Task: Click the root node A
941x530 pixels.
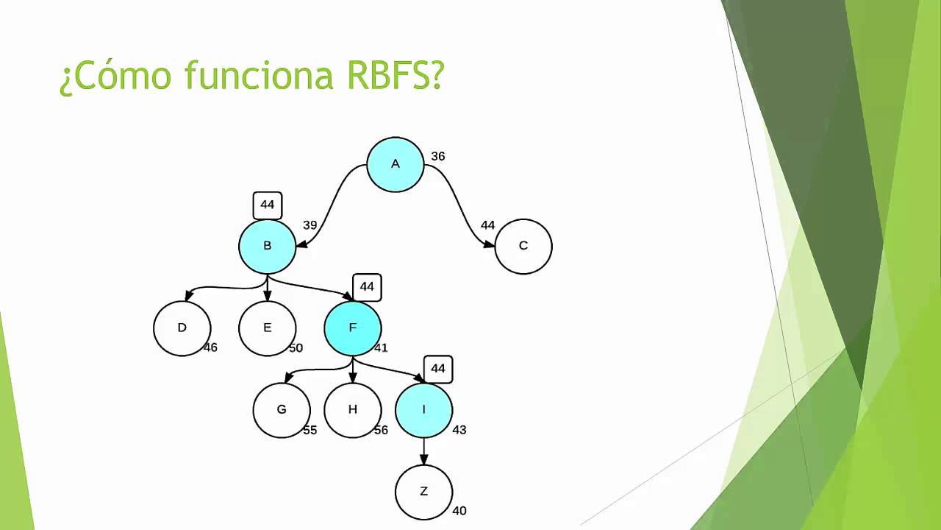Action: tap(396, 164)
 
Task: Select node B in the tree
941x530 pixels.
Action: tap(268, 246)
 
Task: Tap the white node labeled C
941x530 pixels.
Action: tap(523, 246)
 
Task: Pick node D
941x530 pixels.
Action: tap(182, 328)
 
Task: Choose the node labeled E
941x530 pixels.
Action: tap(268, 328)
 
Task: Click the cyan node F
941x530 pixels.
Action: tap(353, 328)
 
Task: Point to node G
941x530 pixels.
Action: tap(282, 410)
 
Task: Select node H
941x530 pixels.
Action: tap(353, 410)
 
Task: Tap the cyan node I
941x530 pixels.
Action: tap(423, 410)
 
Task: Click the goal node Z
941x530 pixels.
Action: tap(423, 492)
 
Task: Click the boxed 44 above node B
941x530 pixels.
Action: tap(268, 205)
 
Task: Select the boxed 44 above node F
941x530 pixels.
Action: tap(367, 287)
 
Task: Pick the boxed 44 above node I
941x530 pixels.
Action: tap(438, 369)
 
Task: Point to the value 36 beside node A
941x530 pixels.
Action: tap(438, 157)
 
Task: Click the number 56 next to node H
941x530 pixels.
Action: tap(381, 430)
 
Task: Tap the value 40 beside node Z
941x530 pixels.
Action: tap(459, 511)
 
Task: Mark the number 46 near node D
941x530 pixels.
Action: tap(210, 347)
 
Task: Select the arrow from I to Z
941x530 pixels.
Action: tap(423, 451)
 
